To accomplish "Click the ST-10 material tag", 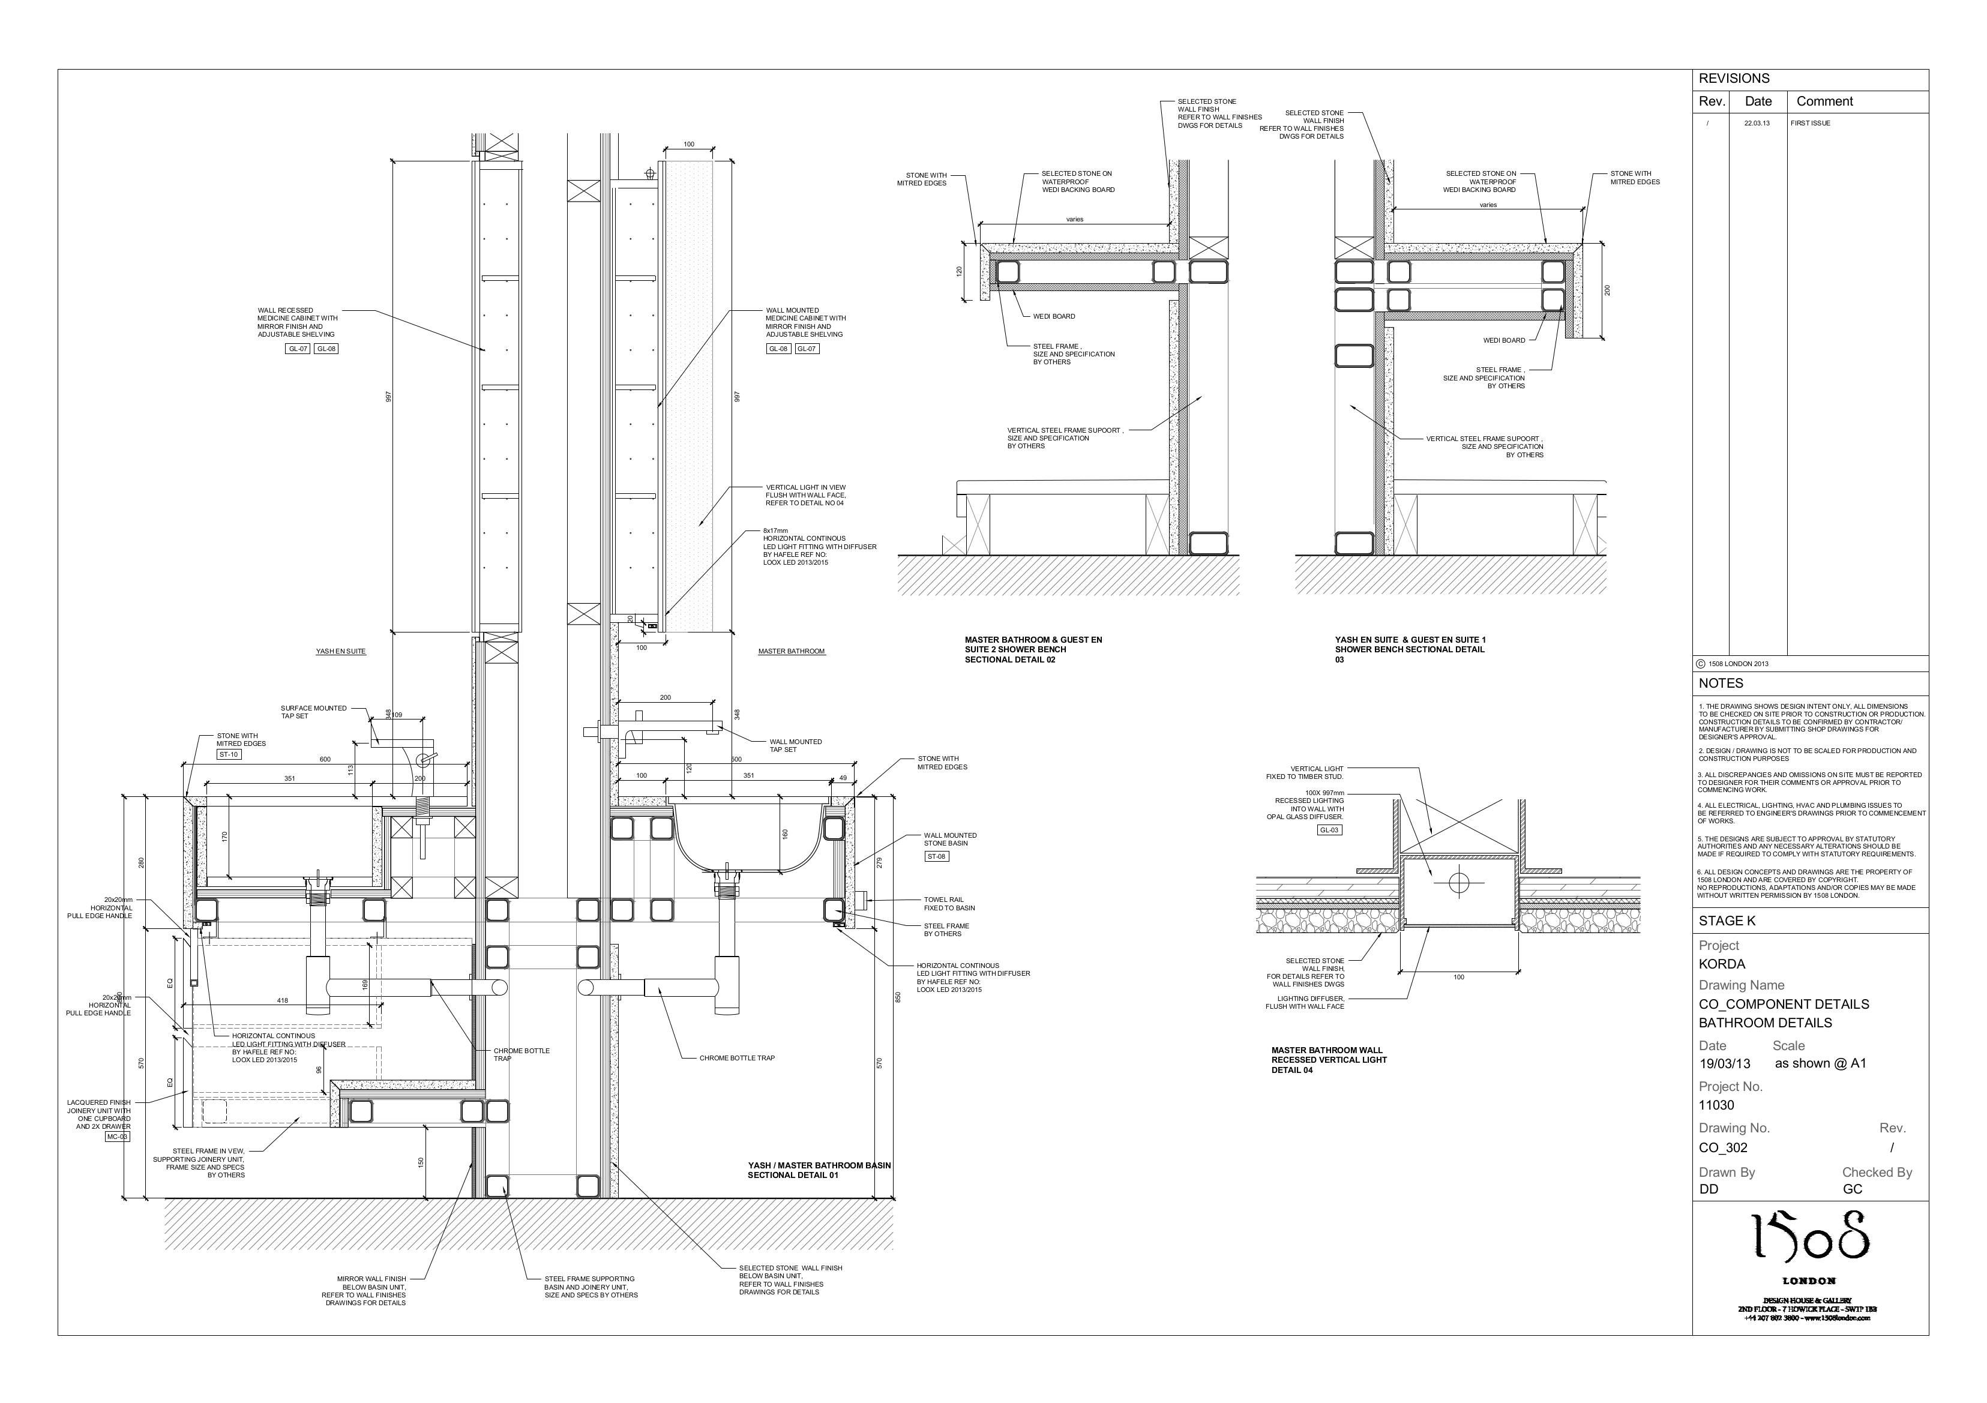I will pos(229,755).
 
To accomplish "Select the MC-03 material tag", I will pos(117,1137).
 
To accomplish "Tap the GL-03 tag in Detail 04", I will pos(1329,830).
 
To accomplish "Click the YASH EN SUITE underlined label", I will pos(341,651).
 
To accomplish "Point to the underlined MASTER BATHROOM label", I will pos(791,651).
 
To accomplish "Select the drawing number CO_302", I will pos(1722,1148).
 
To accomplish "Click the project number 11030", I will pos(1716,1105).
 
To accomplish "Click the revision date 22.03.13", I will pos(1757,124).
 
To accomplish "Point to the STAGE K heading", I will pos(1727,921).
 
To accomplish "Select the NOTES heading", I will pos(1721,683).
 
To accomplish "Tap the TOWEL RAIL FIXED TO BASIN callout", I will pos(943,904).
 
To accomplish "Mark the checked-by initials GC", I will pos(1852,1189).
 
